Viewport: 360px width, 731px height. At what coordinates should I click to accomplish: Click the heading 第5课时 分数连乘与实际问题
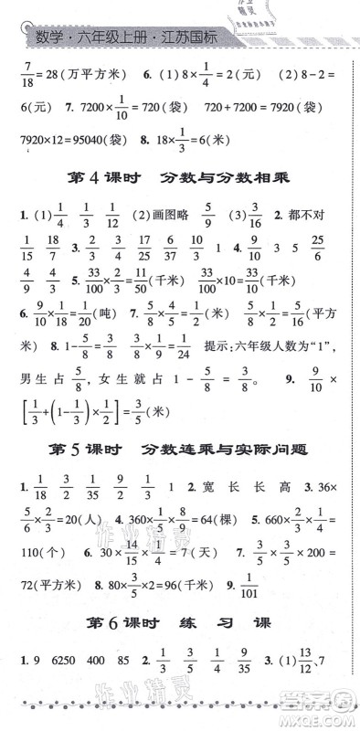tap(180, 450)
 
